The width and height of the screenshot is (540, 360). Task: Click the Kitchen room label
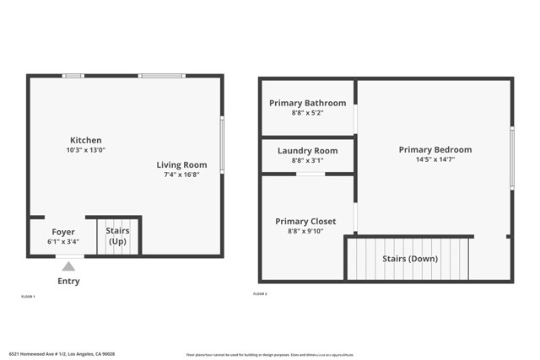(86, 140)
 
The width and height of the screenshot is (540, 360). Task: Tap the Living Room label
(181, 164)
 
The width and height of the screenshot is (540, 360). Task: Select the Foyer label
(63, 232)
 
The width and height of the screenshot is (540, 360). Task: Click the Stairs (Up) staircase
(116, 236)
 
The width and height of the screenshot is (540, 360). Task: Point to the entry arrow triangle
(68, 266)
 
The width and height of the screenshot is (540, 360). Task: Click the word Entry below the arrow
(68, 282)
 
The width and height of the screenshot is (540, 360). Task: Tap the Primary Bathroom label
(307, 103)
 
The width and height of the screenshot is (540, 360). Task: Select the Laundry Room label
(307, 151)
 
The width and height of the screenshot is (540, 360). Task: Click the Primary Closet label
(305, 222)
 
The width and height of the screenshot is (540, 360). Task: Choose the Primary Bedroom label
(435, 149)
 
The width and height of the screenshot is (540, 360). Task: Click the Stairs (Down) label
(410, 259)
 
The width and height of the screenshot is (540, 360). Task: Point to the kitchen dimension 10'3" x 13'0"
(86, 150)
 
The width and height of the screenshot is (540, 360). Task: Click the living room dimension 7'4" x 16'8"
(181, 175)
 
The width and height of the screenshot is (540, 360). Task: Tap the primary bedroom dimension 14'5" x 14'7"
(435, 159)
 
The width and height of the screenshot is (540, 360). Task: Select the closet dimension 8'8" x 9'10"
(305, 232)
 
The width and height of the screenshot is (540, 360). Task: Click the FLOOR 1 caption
(28, 297)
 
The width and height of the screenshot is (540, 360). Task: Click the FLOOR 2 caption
(260, 294)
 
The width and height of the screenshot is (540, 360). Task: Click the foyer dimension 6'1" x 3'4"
(63, 242)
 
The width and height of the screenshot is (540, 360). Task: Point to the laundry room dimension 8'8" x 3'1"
(307, 161)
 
